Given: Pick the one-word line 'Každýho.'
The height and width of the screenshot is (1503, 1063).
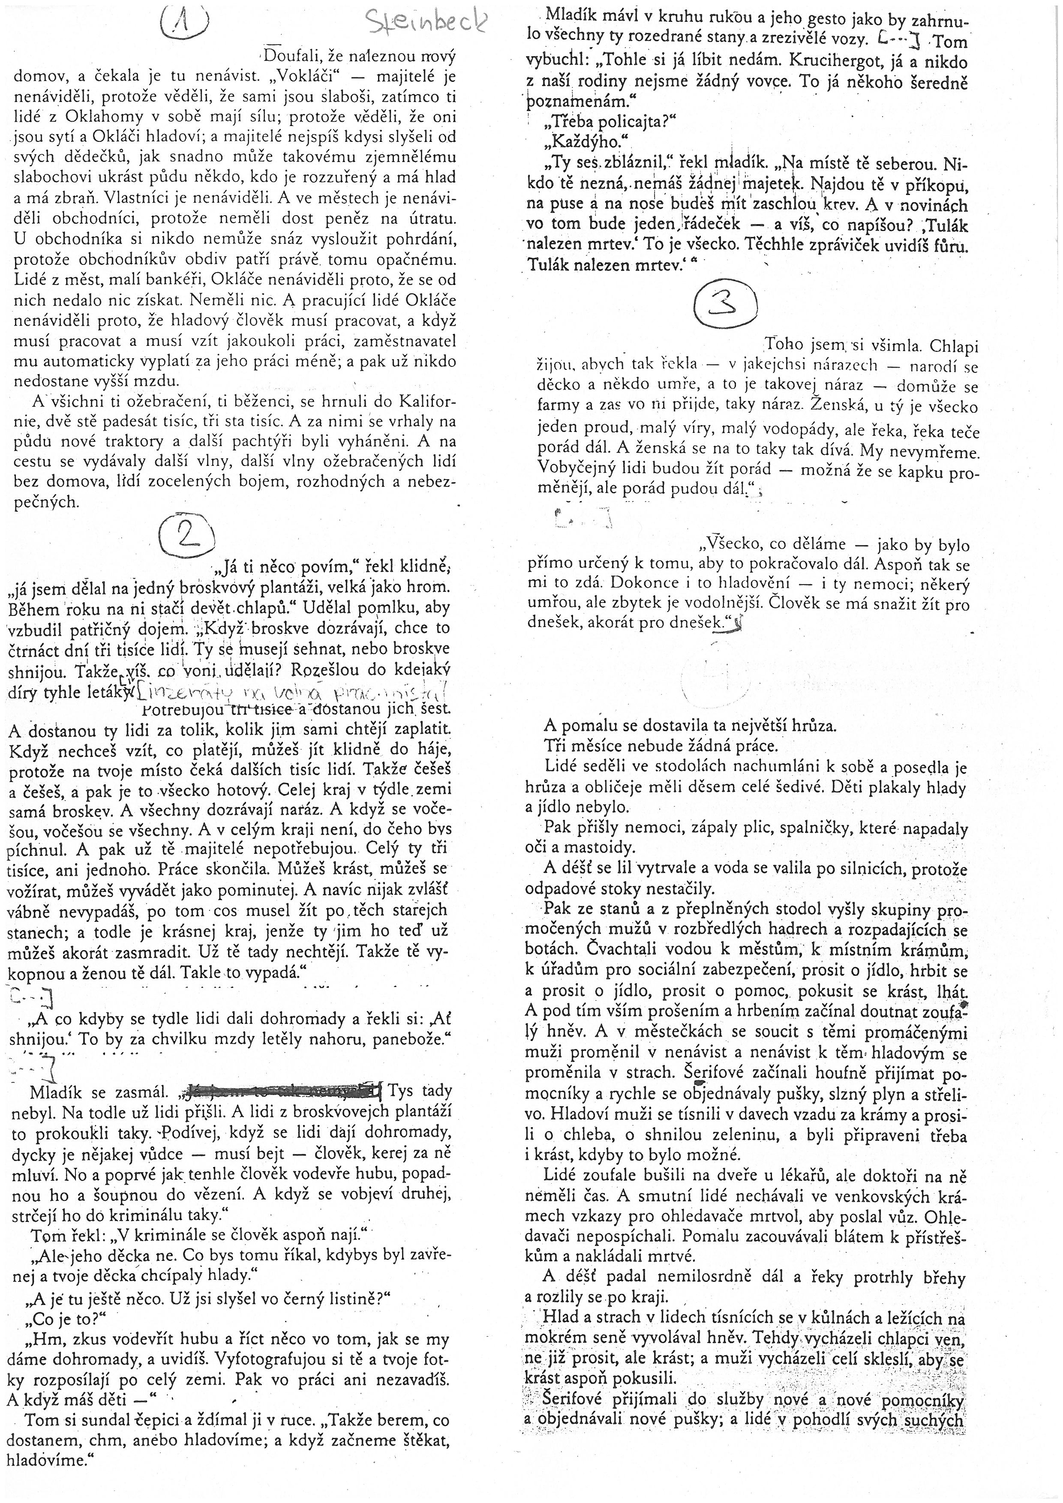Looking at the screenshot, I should click(x=595, y=142).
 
